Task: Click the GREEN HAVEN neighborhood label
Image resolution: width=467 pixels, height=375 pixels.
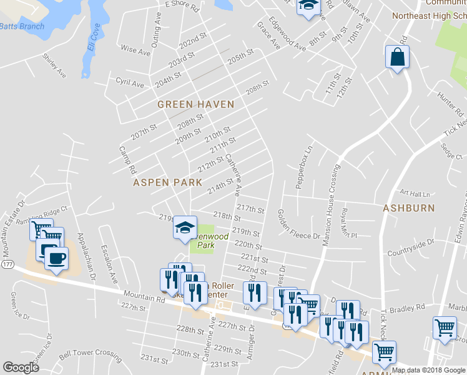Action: tap(195, 104)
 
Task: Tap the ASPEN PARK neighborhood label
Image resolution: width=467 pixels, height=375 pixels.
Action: tap(167, 182)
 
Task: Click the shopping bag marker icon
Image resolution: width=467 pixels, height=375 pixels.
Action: tap(396, 57)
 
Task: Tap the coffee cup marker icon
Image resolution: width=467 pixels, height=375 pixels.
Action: tap(56, 257)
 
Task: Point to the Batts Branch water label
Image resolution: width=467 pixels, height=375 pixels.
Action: tap(22, 26)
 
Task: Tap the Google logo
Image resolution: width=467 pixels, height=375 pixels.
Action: tap(21, 367)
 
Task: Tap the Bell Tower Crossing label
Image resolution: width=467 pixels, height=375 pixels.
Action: tap(90, 353)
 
